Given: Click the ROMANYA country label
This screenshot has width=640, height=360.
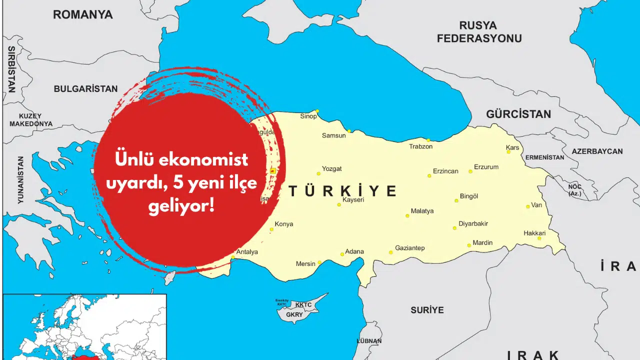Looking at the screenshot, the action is pos(83,14).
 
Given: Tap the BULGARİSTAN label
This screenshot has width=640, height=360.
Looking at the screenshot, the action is pos(85,89).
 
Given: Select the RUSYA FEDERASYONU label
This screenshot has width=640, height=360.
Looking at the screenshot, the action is pos(479,32).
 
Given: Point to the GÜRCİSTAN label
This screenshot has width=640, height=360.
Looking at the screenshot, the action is pos(518,114).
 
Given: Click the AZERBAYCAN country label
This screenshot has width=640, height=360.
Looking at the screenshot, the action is pos(597,151).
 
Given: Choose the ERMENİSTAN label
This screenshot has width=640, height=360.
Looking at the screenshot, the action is pos(544,157).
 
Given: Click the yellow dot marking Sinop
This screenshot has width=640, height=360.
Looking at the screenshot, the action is pos(317,111).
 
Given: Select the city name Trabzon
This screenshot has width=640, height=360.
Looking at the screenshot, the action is pos(420,146).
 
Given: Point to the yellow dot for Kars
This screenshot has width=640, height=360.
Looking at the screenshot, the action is pos(508,151).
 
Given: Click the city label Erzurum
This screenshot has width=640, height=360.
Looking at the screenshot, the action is pos(486,167).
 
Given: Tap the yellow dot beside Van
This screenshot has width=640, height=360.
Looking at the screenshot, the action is pos(527,206).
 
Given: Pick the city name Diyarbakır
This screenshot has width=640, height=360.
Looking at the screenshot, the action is pos(473,223).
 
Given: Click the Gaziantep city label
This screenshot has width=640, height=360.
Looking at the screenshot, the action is pos(409,248).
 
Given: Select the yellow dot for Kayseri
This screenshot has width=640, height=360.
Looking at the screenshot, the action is pos(339,204).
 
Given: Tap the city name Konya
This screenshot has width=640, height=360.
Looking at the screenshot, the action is pos(284,224).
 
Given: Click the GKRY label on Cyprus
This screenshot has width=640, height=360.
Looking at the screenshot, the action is pos(294,315).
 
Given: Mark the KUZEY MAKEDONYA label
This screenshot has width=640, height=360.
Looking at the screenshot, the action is pos(30,119).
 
